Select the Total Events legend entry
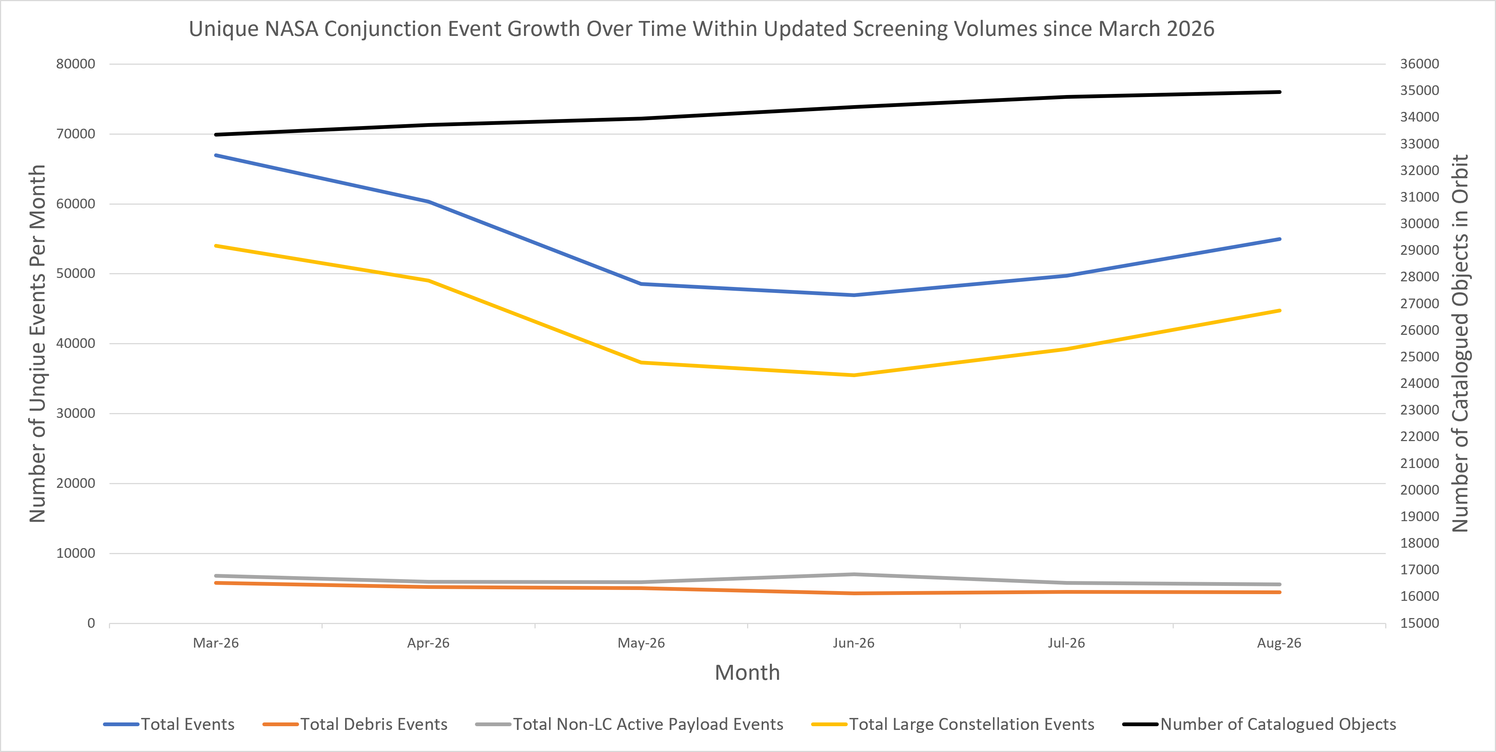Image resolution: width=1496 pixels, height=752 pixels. [169, 724]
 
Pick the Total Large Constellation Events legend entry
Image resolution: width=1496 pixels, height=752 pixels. [953, 724]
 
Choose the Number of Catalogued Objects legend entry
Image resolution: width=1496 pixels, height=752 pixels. [1259, 724]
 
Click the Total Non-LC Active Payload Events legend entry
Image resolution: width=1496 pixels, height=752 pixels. [629, 724]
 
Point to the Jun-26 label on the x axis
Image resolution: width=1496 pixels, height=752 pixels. [853, 643]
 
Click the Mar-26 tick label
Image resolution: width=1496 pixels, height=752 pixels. [216, 643]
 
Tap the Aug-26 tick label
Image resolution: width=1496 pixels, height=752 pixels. [1279, 643]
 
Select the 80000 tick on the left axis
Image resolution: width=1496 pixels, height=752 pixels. [76, 64]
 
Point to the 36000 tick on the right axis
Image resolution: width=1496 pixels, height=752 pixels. [1419, 64]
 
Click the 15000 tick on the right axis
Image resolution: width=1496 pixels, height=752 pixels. [1419, 623]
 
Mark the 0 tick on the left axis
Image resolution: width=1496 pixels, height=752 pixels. [91, 623]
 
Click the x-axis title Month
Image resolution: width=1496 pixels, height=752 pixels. [747, 672]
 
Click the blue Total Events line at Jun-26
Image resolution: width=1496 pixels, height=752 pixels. [853, 295]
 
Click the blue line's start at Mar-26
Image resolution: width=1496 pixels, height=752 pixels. [216, 155]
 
